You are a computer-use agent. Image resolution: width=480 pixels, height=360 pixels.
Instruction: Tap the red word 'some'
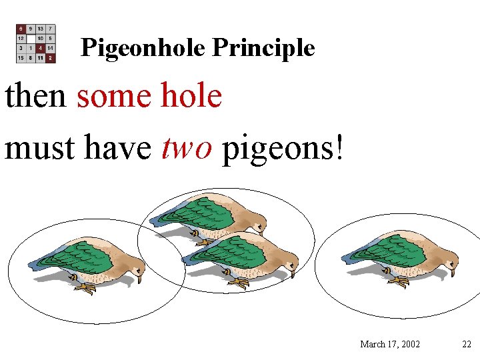click(x=115, y=96)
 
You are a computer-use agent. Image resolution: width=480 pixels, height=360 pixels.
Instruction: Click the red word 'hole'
click(x=191, y=96)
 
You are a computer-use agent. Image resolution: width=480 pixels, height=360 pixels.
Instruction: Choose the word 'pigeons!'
click(x=283, y=149)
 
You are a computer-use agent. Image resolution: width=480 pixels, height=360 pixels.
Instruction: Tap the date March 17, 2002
click(x=390, y=344)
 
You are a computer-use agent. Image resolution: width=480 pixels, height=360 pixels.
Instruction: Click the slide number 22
click(x=467, y=344)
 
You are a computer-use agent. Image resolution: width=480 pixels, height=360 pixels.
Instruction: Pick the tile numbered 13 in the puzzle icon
click(x=41, y=29)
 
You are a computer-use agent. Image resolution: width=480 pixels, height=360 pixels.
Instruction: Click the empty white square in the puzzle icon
click(x=31, y=39)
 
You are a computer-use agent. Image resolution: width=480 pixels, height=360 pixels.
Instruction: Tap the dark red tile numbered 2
click(x=51, y=58)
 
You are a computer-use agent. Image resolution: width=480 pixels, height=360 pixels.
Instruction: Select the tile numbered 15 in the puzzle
click(x=21, y=58)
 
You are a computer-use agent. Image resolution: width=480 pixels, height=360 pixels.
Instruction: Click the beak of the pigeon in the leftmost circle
click(x=139, y=279)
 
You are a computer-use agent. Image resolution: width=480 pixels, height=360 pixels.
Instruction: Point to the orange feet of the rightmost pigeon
click(x=399, y=283)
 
